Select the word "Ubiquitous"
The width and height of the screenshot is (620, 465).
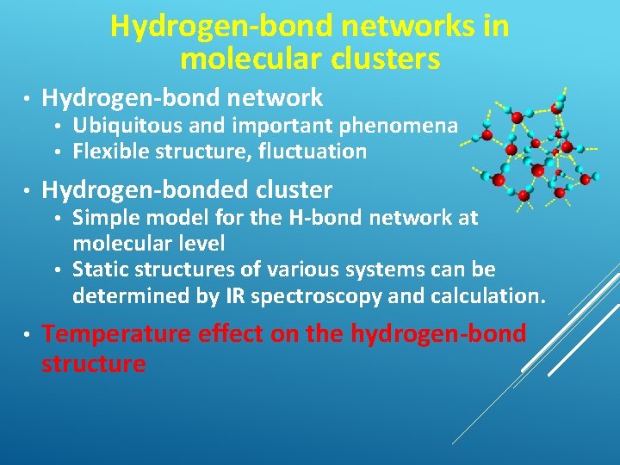127,126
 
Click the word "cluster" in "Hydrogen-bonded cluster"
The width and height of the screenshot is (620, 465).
289,189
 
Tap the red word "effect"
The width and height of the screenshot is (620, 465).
234,334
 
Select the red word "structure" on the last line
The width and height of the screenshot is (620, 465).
93,363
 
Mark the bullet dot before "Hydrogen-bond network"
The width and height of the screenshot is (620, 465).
28,98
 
